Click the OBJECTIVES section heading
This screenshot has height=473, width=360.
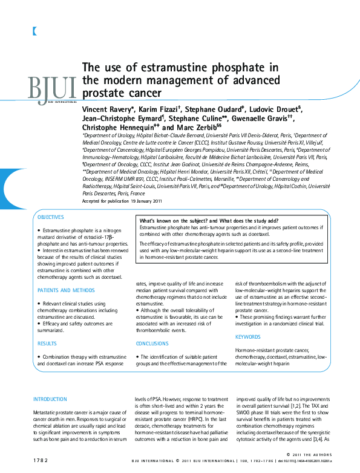pyautogui.click(x=50, y=217)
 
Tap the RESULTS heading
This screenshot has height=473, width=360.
pyautogui.click(x=47, y=343)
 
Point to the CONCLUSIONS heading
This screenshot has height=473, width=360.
pyautogui.click(x=152, y=343)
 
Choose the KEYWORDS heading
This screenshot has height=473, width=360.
pyautogui.click(x=247, y=337)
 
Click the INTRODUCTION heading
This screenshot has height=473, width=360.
pyautogui.click(x=50, y=399)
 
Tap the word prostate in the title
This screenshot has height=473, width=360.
pyautogui.click(x=103, y=93)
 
